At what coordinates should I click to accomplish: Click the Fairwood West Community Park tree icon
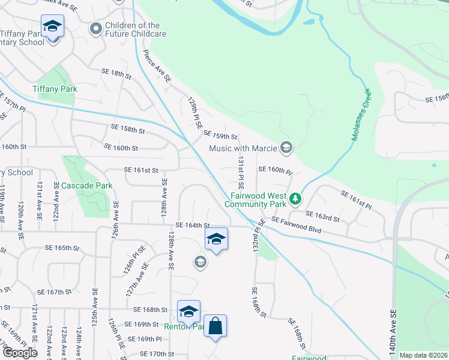pyautogui.click(x=295, y=198)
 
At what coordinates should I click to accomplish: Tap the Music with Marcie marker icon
pyautogui.click(x=286, y=148)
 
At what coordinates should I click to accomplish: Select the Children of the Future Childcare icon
pyautogui.click(x=95, y=29)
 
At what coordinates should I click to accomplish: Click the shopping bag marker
pyautogui.click(x=215, y=326)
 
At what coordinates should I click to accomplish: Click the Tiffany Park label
pyautogui.click(x=55, y=89)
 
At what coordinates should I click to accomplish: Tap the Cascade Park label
pyautogui.click(x=87, y=186)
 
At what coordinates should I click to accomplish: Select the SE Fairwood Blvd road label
pyautogui.click(x=297, y=226)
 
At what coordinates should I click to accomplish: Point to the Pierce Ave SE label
pyautogui.click(x=157, y=66)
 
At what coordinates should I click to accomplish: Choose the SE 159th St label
pyautogui.click(x=221, y=136)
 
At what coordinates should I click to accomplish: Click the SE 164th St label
pyautogui.click(x=191, y=226)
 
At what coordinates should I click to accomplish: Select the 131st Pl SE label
pyautogui.click(x=240, y=175)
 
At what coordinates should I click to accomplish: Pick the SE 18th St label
pyautogui.click(x=116, y=73)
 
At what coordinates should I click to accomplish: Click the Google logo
pyautogui.click(x=20, y=353)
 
